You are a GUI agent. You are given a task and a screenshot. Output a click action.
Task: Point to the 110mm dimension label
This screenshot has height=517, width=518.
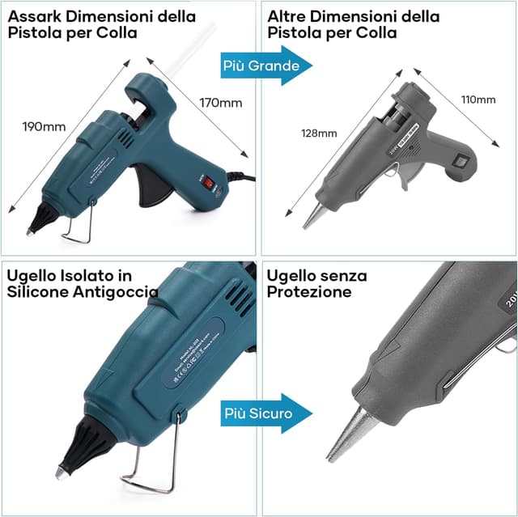pos(478,100)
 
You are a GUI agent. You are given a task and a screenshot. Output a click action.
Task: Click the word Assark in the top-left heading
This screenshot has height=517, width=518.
pos(32,16)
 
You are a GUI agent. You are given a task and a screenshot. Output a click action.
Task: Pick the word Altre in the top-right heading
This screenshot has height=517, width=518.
pos(285,16)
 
